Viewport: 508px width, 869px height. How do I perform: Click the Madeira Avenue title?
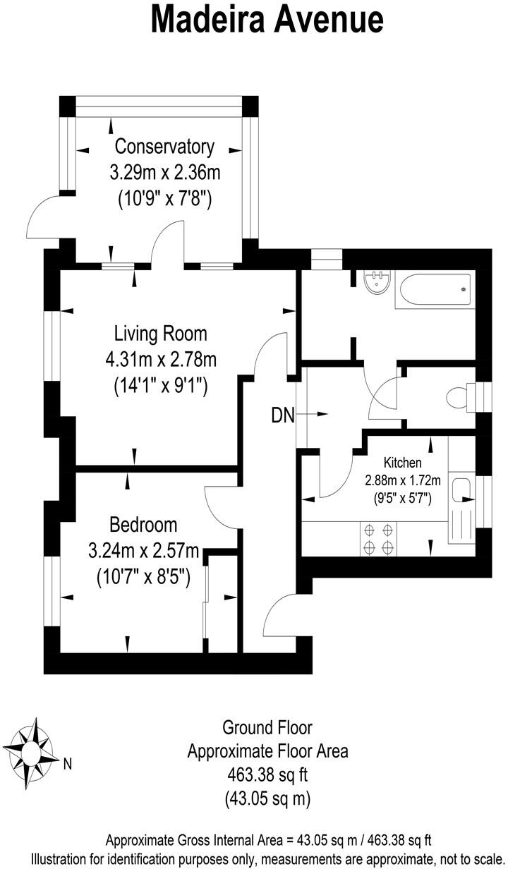coord(267,20)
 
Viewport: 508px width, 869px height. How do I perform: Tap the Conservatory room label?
coord(164,147)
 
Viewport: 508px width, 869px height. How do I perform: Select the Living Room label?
coord(161,334)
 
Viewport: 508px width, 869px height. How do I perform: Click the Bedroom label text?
coord(143,525)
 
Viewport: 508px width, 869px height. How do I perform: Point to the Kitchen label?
coord(402,463)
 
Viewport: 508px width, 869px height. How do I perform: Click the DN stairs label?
coord(282,415)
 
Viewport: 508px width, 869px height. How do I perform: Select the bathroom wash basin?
coord(377,285)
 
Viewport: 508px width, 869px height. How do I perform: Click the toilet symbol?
coord(459,397)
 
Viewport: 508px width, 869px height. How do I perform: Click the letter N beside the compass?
coord(68,762)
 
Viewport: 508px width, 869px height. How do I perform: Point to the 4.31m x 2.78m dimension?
coord(161,360)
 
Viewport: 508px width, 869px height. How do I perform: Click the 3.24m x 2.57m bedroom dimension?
coord(144,551)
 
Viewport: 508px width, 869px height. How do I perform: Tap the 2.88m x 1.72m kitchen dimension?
coord(402,481)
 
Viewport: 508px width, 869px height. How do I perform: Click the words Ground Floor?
coord(267,727)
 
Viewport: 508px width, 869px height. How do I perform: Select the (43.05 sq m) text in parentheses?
coord(267,799)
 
